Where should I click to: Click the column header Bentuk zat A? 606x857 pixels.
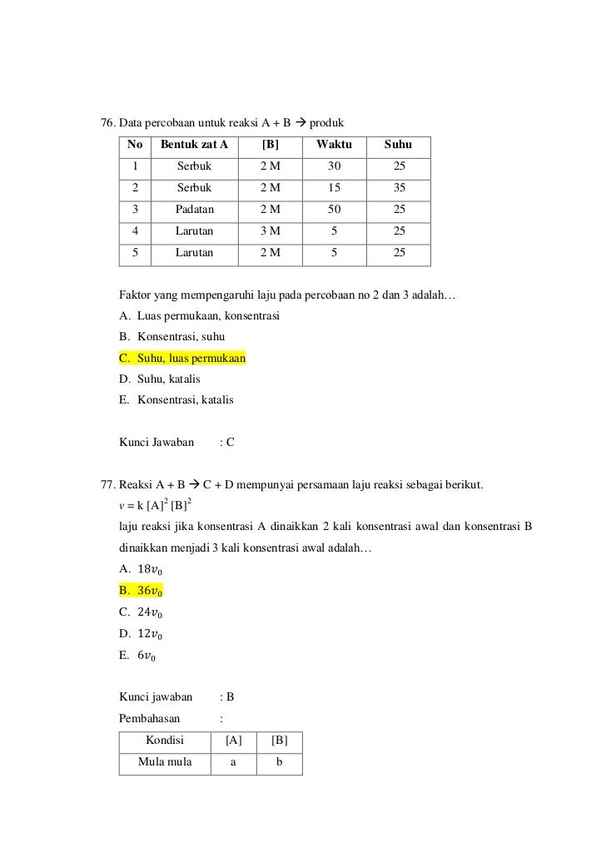194,146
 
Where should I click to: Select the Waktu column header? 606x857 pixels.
334,146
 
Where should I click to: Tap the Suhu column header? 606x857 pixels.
398,146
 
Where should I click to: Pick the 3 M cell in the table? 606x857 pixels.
270,230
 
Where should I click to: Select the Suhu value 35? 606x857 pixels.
400,188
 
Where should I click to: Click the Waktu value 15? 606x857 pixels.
334,188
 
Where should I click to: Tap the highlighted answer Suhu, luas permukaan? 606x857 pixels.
191,359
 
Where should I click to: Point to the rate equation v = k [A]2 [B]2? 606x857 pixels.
157,505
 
